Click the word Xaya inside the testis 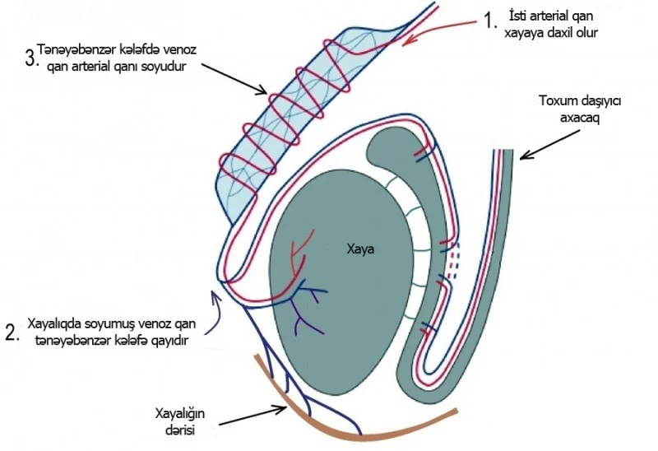[360, 249]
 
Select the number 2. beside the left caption [12, 332]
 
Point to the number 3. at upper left [32, 58]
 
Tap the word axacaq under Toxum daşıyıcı [581, 118]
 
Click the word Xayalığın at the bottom [180, 415]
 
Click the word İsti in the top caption [518, 16]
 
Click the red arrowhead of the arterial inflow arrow [408, 40]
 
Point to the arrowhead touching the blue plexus [262, 90]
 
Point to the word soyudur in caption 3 [168, 67]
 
